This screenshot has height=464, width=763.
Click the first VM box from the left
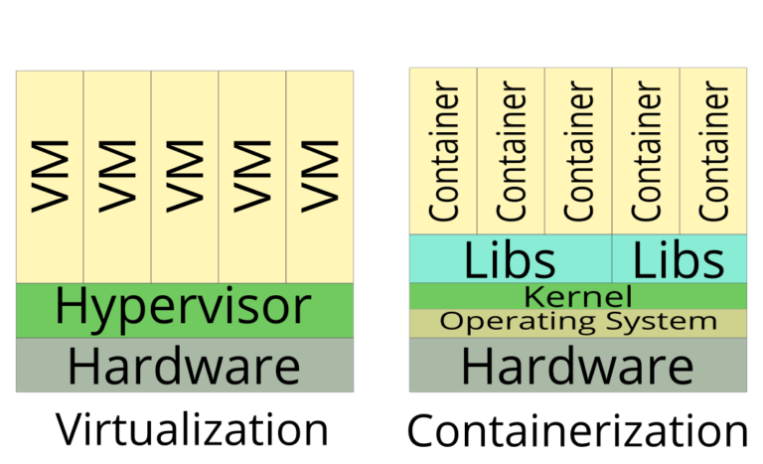click(50, 177)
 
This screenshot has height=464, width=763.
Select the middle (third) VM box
click(185, 177)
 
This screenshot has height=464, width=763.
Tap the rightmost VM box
click(319, 177)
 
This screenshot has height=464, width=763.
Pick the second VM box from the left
click(117, 177)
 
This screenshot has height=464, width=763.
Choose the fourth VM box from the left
click(252, 177)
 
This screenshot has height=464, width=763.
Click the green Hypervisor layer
click(185, 309)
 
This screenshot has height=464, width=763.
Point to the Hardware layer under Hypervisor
click(185, 365)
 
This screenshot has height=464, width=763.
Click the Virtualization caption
click(191, 429)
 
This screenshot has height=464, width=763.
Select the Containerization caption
click(577, 430)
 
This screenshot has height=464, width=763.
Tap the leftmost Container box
click(443, 151)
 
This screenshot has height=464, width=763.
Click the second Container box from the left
click(511, 151)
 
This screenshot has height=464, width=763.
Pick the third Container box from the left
click(578, 151)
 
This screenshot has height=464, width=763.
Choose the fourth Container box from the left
click(646, 151)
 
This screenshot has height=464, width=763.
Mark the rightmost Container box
click(713, 151)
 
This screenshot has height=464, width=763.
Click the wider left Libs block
click(510, 259)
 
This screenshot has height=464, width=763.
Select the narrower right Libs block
click(680, 259)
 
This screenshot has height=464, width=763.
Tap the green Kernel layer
click(578, 296)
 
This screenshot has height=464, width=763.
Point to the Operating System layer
click(578, 323)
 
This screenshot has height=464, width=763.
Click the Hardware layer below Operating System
click(578, 365)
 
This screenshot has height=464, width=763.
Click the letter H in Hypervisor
click(73, 308)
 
